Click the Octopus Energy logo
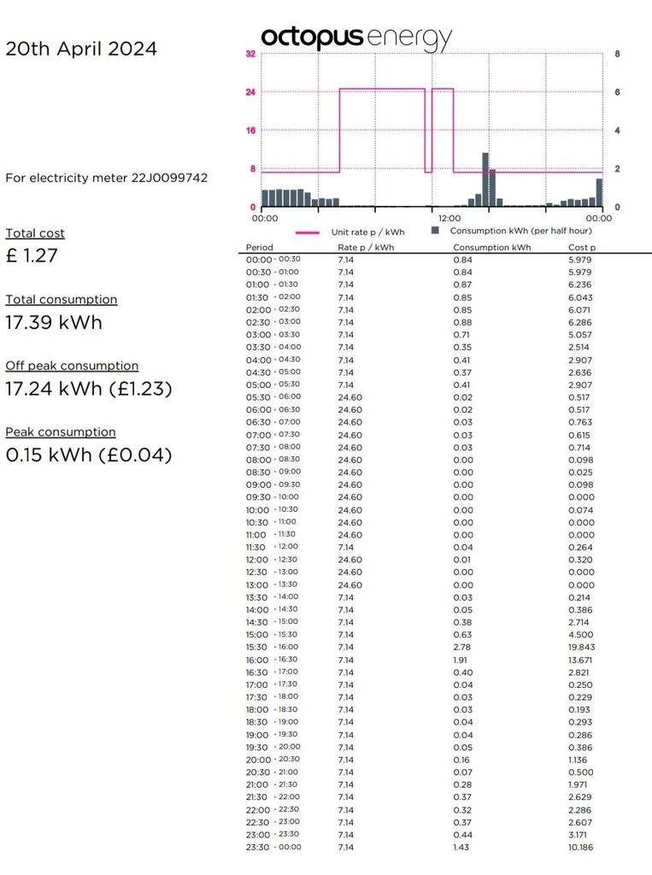(355, 38)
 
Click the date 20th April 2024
(81, 49)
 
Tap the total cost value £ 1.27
(32, 255)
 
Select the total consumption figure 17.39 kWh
(53, 322)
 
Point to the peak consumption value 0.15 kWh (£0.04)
(89, 455)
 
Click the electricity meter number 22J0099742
(169, 178)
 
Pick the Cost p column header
(583, 247)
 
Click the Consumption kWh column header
(491, 247)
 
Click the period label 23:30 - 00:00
(273, 848)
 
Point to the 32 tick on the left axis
(250, 54)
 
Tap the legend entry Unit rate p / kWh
(367, 232)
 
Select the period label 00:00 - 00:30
(273, 260)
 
